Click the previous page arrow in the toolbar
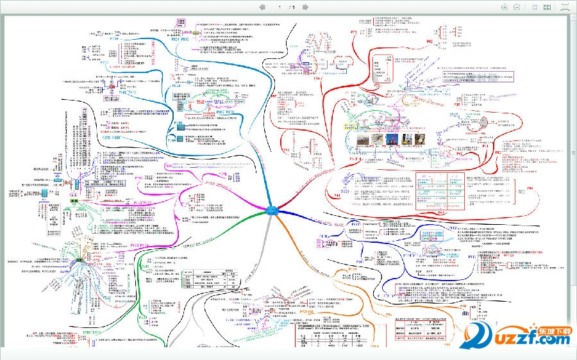[x=262, y=7]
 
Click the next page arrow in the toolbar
[x=305, y=7]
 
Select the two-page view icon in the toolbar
[x=547, y=7]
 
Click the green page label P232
[x=143, y=318]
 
